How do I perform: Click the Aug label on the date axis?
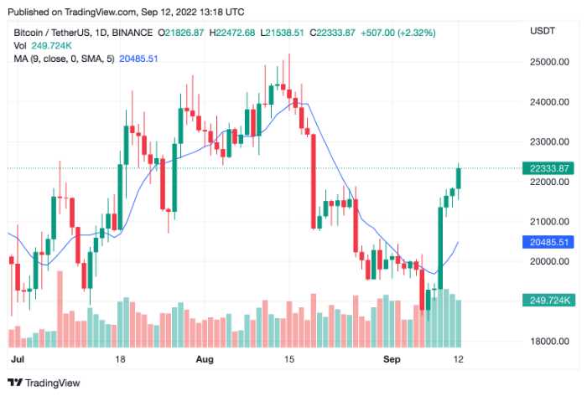point(205,358)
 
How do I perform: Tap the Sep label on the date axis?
point(381,358)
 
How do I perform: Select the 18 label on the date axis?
point(120,358)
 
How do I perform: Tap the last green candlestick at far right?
point(460,177)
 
